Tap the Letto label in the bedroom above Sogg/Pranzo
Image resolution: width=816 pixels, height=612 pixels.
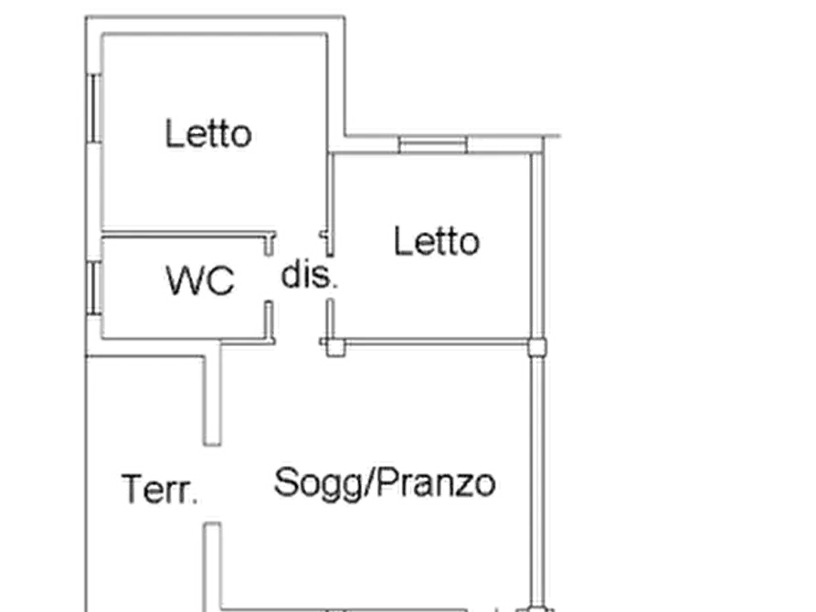[437, 242]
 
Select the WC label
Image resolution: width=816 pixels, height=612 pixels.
[200, 281]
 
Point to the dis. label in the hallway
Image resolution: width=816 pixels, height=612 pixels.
[304, 275]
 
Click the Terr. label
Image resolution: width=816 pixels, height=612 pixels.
[158, 491]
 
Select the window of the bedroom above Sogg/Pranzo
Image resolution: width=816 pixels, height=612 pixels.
[432, 142]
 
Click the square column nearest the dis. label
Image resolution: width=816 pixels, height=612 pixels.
[331, 345]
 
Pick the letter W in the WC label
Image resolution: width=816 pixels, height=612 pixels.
[183, 281]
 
